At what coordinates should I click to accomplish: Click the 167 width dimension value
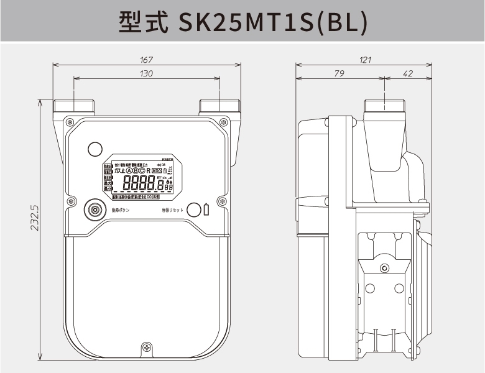147,60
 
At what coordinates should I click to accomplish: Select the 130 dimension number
147,74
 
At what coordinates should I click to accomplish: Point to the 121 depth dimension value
365,60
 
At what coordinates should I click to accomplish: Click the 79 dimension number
339,74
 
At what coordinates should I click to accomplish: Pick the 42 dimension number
408,74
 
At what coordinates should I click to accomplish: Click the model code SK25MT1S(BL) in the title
273,22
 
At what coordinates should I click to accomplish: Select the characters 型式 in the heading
143,22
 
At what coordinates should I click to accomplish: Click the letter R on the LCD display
149,170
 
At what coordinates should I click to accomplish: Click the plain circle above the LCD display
95,149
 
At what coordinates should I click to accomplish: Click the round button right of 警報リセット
193,210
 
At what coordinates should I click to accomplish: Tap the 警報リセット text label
172,211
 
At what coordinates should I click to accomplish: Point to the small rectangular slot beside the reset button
206,210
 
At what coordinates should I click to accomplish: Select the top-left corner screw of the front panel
69,121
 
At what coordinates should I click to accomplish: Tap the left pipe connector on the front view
74,106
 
